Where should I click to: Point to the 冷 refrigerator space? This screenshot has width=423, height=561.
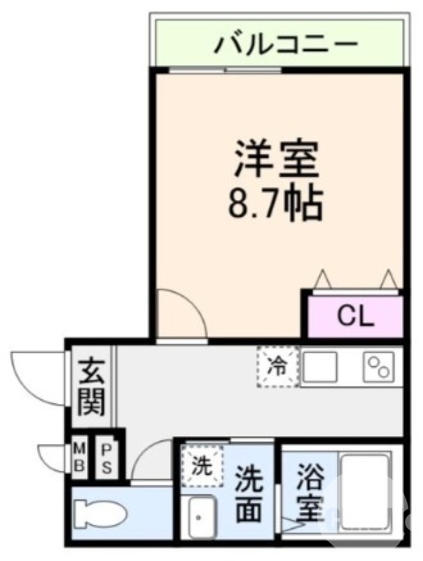[278, 365]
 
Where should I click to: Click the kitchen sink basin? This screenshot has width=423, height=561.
[319, 366]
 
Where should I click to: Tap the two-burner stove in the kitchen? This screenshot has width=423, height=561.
[379, 366]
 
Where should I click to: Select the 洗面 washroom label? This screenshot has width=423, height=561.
[249, 495]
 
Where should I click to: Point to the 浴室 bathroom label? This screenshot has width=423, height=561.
[310, 493]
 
